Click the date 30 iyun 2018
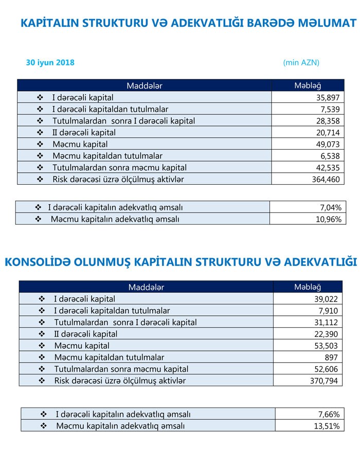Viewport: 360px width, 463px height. [50, 62]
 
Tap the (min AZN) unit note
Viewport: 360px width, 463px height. [301, 62]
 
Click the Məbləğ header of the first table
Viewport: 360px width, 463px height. [307, 85]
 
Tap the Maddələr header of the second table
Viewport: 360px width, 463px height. [146, 287]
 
